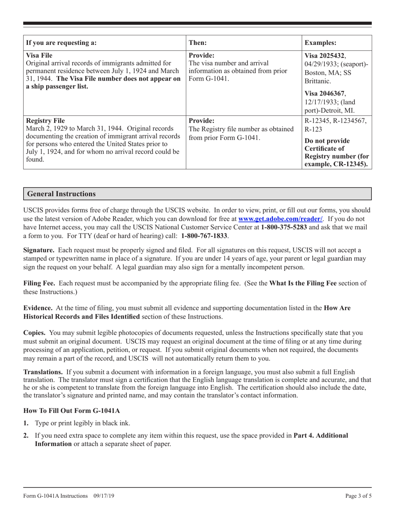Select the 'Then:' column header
pyautogui.click(x=198, y=43)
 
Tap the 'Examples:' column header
pyautogui.click(x=321, y=43)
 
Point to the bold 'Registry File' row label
pyautogui.click(x=45, y=121)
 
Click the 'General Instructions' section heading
pyautogui.click(x=61, y=194)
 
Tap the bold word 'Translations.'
pyautogui.click(x=43, y=372)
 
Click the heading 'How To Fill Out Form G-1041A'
pyautogui.click(x=72, y=411)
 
